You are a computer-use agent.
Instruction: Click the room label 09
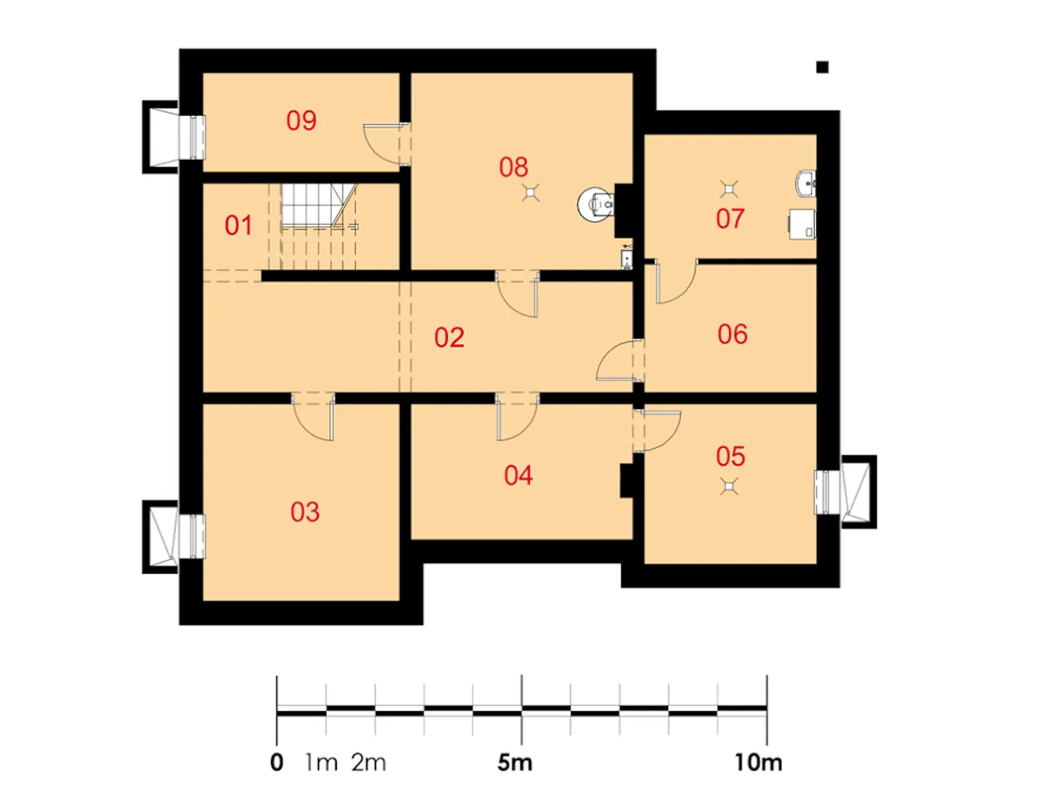click(301, 120)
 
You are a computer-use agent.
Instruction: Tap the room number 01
click(238, 225)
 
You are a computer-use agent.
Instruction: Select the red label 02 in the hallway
click(449, 338)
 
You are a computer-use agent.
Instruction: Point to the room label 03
click(304, 512)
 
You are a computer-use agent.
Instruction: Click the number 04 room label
click(519, 476)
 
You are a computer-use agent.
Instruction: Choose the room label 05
click(730, 456)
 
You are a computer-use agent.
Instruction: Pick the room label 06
click(732, 334)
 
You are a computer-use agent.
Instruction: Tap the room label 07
click(730, 218)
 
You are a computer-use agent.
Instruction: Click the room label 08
click(514, 167)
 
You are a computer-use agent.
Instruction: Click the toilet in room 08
click(596, 204)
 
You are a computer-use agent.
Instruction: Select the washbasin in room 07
click(806, 183)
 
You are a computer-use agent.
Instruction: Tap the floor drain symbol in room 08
click(531, 192)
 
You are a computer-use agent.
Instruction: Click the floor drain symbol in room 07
click(728, 189)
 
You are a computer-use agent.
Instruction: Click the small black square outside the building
click(822, 67)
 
